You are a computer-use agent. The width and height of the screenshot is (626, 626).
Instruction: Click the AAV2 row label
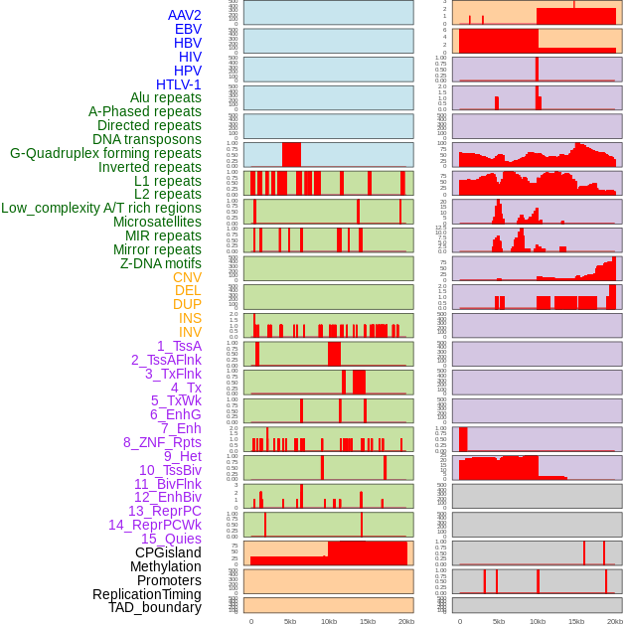185,15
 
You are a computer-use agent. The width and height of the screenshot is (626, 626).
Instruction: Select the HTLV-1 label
179,84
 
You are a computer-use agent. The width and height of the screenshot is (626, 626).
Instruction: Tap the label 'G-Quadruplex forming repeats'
105,154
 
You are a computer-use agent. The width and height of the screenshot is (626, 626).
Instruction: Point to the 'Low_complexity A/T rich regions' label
101,208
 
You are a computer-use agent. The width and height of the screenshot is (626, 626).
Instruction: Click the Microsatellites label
157,222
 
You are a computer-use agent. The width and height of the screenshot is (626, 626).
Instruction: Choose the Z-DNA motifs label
161,263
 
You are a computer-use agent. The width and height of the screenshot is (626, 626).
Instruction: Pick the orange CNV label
187,277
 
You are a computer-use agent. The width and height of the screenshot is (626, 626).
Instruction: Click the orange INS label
190,318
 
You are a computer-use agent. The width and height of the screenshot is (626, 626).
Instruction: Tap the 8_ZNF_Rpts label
162,442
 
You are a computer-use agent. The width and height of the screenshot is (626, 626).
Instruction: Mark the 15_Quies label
171,539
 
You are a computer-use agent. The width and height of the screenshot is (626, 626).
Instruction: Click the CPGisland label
168,552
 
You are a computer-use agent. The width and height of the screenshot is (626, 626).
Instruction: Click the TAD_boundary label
155,607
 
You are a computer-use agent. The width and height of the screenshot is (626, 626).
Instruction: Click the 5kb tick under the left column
290,622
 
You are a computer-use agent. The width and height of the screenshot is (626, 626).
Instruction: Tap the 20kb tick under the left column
405,622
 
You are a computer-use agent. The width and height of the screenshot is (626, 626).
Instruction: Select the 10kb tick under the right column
537,622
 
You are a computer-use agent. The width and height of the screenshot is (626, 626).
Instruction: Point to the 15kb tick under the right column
575,622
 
